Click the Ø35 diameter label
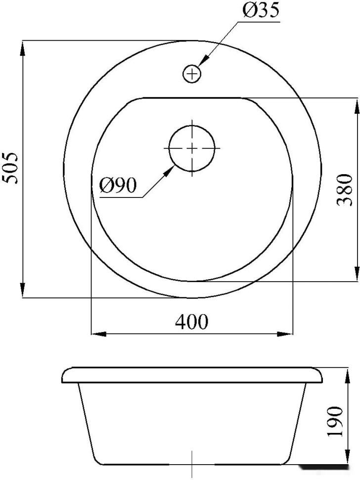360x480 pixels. pyautogui.click(x=261, y=11)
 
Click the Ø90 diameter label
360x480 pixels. pyautogui.click(x=118, y=186)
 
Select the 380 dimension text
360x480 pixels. pyautogui.click(x=344, y=190)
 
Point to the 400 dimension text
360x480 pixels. pyautogui.click(x=191, y=322)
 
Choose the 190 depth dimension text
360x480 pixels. pyautogui.click(x=334, y=422)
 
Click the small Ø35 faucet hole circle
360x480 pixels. pyautogui.click(x=192, y=74)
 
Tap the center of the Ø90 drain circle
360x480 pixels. pyautogui.click(x=192, y=148)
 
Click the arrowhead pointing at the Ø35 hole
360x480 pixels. pyautogui.click(x=203, y=60)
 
